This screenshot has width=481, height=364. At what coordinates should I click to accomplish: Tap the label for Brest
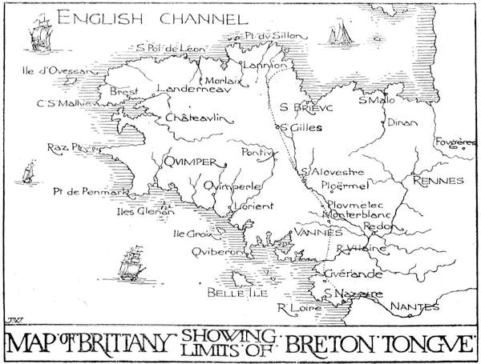coord(123,92)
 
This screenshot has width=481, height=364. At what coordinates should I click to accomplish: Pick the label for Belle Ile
coord(231,293)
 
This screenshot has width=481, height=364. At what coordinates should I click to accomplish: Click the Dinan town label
coord(396,123)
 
